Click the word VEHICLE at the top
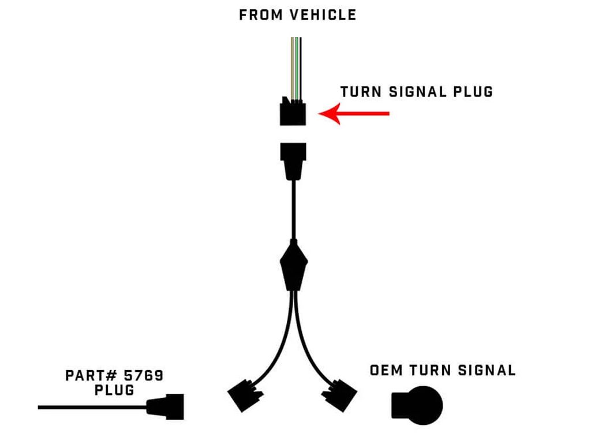coord(323,15)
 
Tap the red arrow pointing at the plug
coord(354,114)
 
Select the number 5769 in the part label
coord(144,376)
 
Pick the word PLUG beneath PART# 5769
coord(114,390)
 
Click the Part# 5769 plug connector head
coord(166,406)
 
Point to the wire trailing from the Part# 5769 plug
coord(92,407)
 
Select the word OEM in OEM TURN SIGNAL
coord(386,371)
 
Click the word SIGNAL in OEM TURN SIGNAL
coord(487,371)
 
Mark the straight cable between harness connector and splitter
coord(294,210)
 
